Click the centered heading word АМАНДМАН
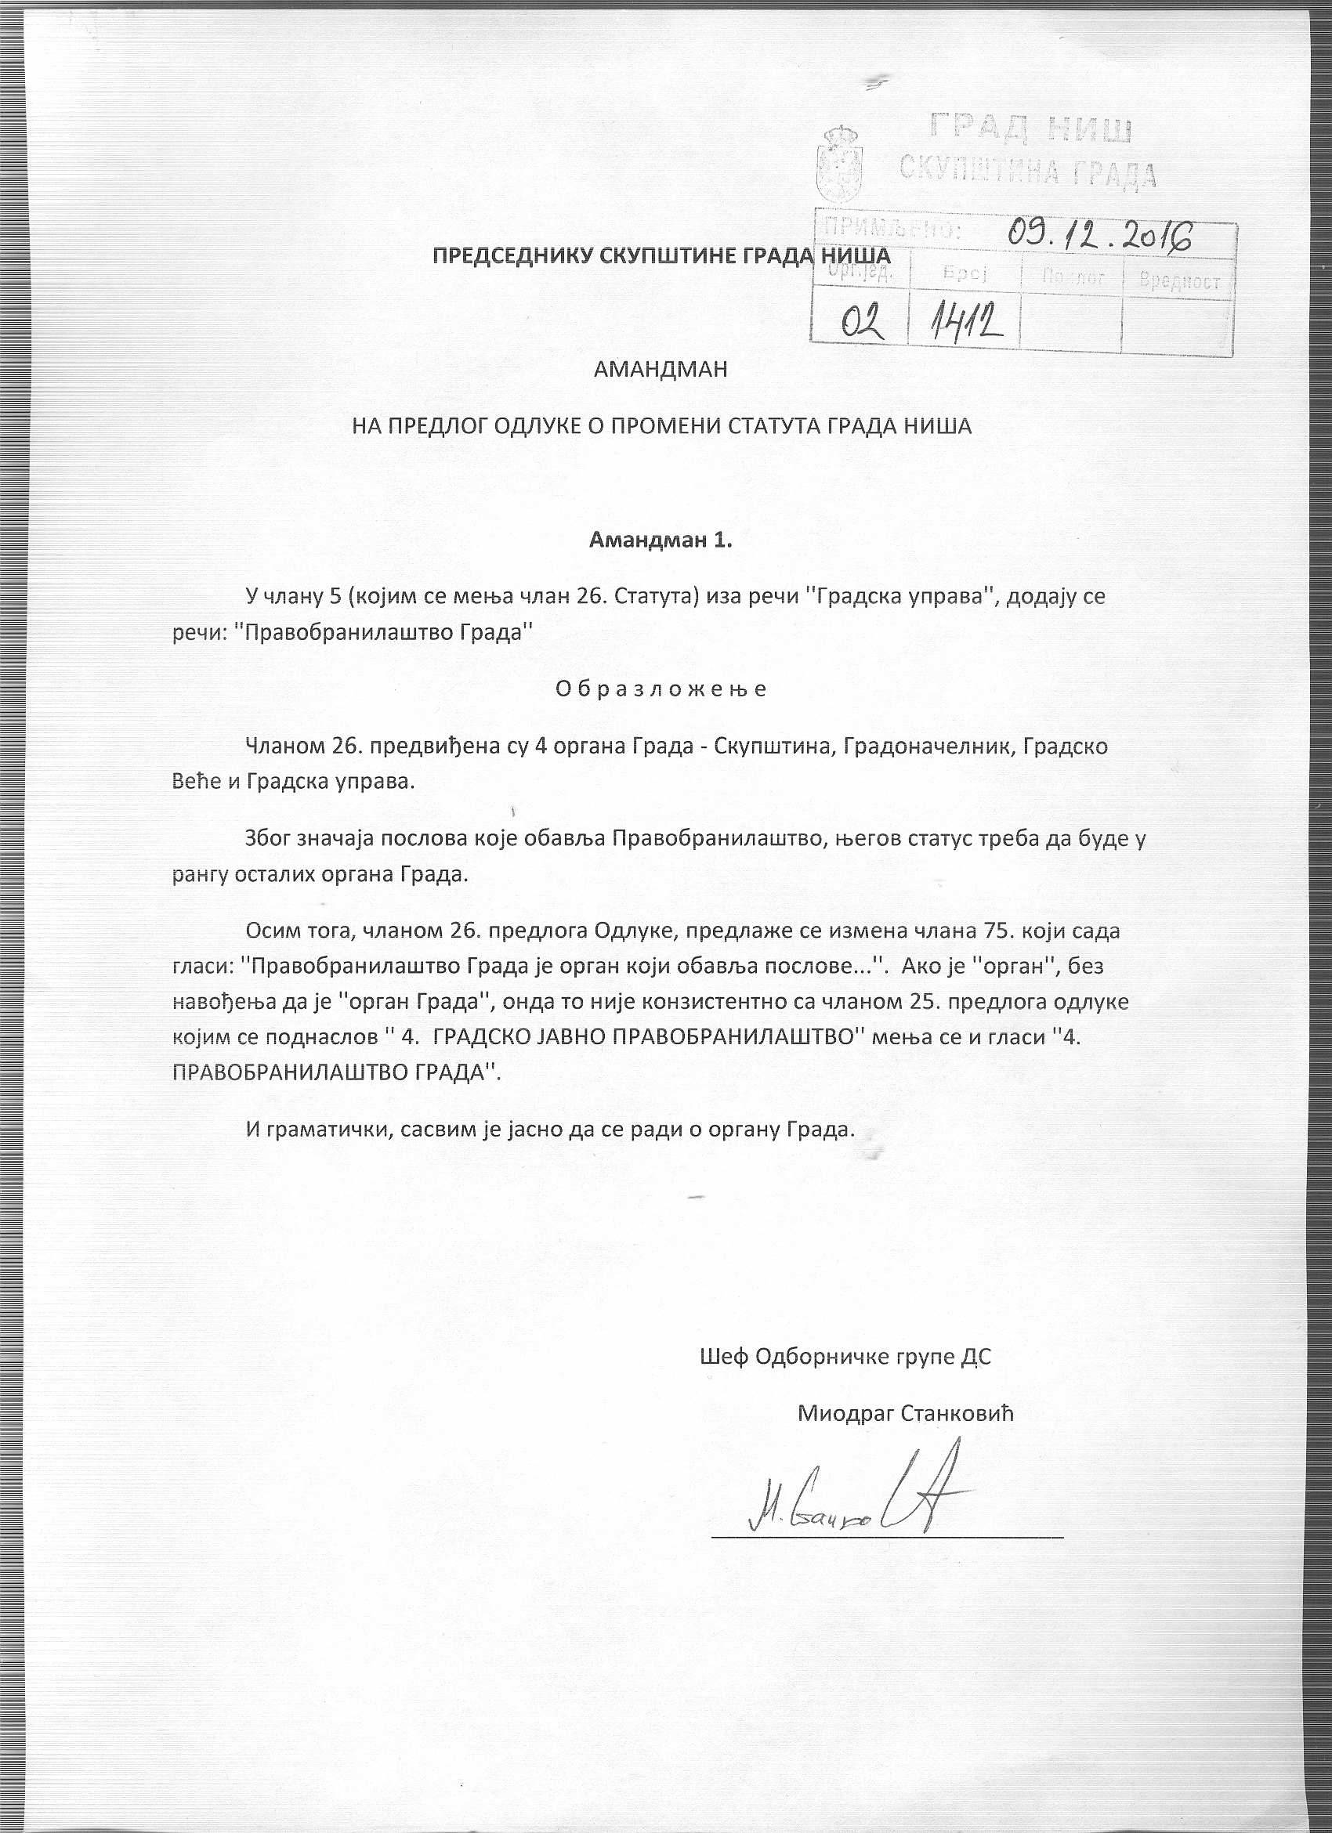pos(661,370)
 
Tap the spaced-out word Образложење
pos(661,689)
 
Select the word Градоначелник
pos(928,746)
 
